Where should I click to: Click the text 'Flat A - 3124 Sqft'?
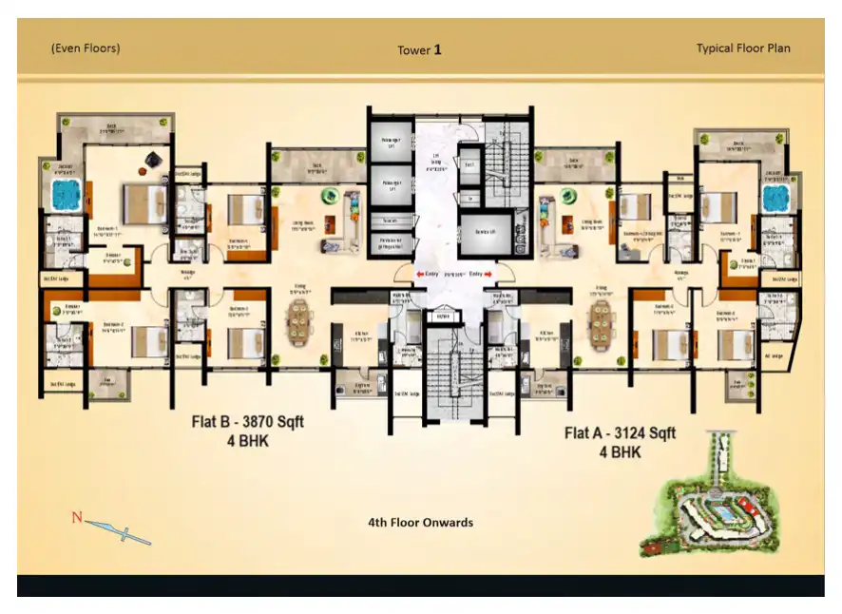(x=620, y=433)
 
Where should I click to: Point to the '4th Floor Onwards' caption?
(x=420, y=522)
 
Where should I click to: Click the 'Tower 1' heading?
(x=419, y=49)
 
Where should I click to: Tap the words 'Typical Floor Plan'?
(x=742, y=48)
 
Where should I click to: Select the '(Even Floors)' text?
(x=86, y=48)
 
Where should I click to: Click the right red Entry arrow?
(x=490, y=274)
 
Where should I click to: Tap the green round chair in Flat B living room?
(x=329, y=197)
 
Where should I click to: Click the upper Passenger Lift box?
(x=390, y=141)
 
